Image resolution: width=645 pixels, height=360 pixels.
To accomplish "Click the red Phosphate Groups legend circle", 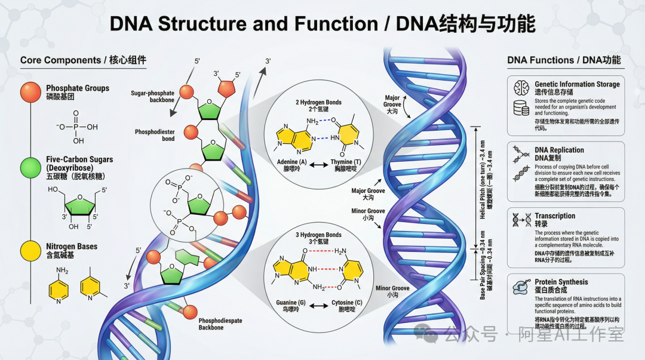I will (30, 92).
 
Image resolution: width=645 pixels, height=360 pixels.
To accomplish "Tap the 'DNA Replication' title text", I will (559, 150).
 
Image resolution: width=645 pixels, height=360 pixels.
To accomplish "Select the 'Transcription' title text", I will (555, 216).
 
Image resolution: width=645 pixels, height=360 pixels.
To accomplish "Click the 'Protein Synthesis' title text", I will (561, 282).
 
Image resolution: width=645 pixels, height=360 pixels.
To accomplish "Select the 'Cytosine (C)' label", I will (347, 303).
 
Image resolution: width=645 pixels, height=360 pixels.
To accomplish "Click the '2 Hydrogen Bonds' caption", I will (318, 102).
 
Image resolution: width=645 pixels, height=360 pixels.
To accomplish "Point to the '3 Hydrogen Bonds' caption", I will (318, 235).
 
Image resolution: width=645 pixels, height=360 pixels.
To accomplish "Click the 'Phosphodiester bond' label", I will (155, 135).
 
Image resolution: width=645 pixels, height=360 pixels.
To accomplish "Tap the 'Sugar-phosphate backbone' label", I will (152, 97).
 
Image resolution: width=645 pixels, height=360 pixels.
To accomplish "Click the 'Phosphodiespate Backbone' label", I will (220, 324).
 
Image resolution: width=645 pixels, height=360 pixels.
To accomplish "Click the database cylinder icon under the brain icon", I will (521, 108).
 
